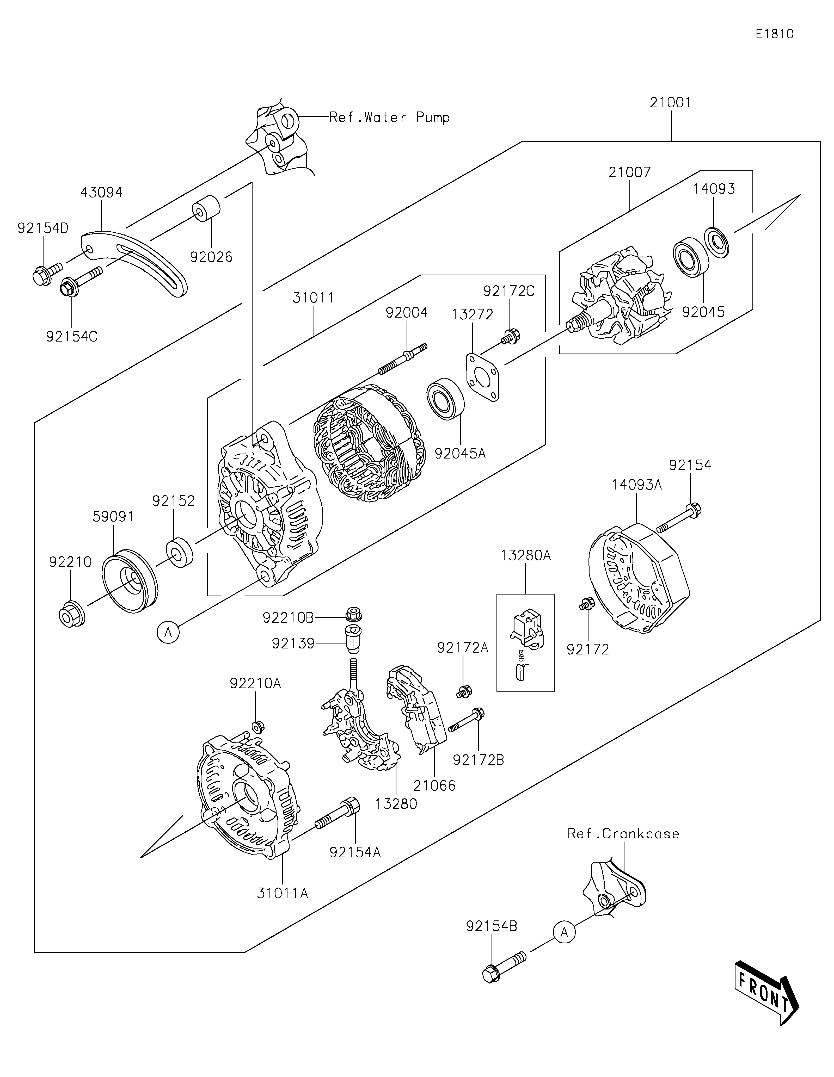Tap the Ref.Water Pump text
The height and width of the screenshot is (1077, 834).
tap(390, 117)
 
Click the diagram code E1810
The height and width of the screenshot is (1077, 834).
tap(774, 34)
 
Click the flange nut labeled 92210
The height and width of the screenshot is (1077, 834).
tap(71, 614)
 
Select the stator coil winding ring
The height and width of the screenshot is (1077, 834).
tap(370, 443)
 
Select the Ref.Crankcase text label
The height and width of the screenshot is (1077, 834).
tap(623, 833)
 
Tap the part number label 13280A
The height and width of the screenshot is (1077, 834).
tap(526, 555)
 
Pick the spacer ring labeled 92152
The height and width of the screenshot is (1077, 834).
tap(180, 553)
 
